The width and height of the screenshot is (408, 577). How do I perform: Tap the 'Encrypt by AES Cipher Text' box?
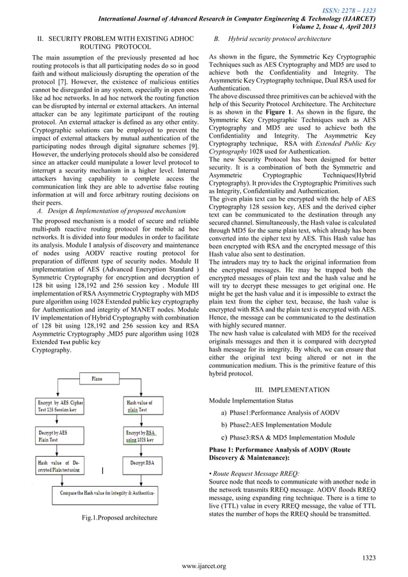(x=59, y=406)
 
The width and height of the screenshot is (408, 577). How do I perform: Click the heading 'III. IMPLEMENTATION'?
(x=292, y=390)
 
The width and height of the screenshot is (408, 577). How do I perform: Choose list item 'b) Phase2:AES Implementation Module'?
(x=276, y=425)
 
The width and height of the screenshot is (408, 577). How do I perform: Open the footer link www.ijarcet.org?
(x=204, y=565)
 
